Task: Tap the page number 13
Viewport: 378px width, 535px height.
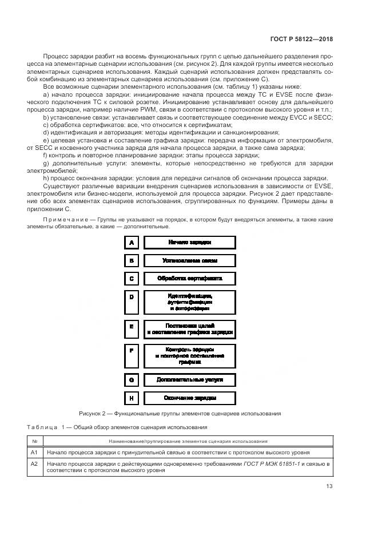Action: click(x=329, y=486)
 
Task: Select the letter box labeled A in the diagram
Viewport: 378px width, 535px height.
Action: click(x=132, y=242)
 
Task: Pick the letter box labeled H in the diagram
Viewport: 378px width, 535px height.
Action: click(x=132, y=398)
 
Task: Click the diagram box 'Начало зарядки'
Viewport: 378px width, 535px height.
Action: click(x=189, y=242)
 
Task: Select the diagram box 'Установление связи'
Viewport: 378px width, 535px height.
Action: click(x=189, y=260)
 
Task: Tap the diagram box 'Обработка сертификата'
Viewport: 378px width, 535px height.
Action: click(x=189, y=279)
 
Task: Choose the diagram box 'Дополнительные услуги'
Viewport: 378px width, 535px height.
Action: click(x=189, y=379)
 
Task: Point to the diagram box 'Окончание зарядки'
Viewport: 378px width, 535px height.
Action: click(x=189, y=398)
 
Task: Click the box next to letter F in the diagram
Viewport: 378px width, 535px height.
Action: click(x=189, y=355)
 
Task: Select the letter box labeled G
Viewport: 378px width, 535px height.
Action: click(x=132, y=379)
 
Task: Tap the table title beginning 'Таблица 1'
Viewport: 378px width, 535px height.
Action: click(x=117, y=427)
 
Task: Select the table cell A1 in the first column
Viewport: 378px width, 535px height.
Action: click(x=34, y=452)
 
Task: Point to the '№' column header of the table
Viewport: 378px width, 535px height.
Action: click(x=34, y=441)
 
